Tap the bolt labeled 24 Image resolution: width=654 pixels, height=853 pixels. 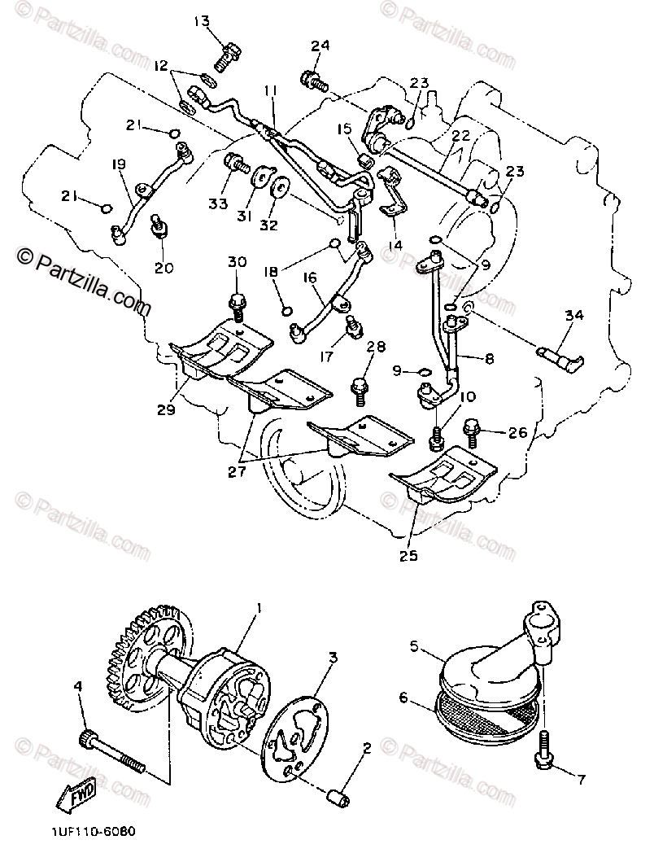pyautogui.click(x=314, y=80)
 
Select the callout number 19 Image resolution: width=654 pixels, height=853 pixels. pyautogui.click(x=120, y=164)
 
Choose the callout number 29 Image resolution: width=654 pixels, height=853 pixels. pyautogui.click(x=167, y=409)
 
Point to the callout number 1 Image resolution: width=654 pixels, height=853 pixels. pyautogui.click(x=259, y=608)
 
